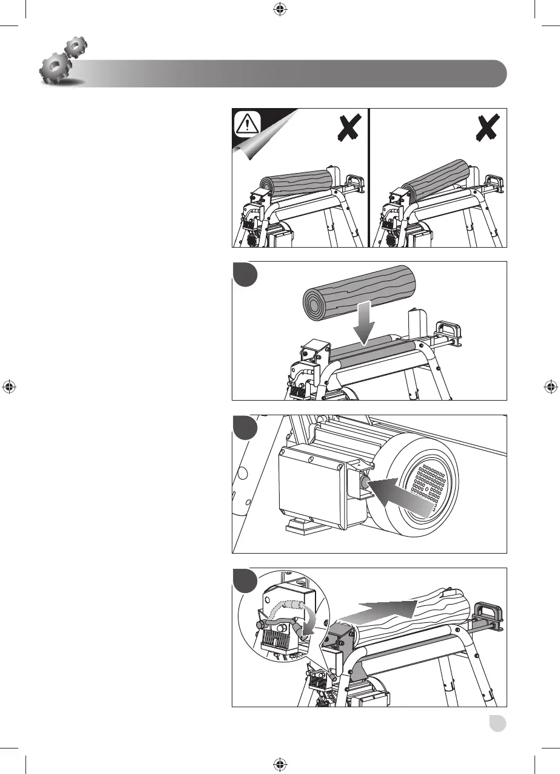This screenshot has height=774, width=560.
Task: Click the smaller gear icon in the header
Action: point(76,47)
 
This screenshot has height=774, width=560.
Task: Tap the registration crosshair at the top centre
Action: point(279,8)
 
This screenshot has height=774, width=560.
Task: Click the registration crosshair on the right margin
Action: point(551,386)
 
